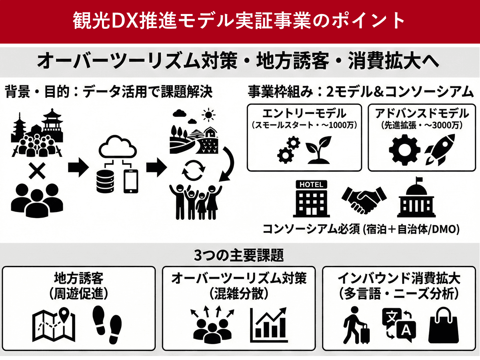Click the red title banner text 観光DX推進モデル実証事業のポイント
[x=240, y=21]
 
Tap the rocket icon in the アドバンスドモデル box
[x=440, y=150]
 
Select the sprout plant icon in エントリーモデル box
[x=319, y=150]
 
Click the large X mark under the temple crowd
[x=37, y=171]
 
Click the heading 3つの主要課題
[x=239, y=255]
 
